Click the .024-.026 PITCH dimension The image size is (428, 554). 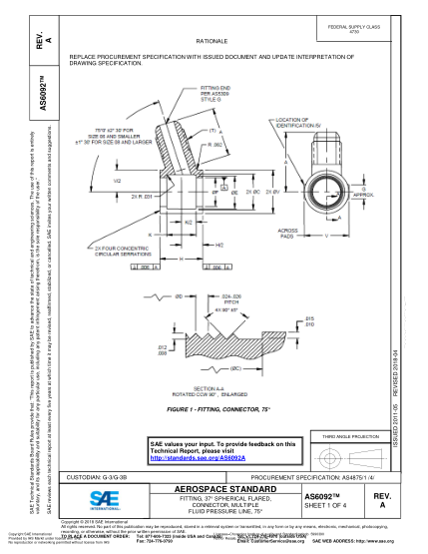231,298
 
